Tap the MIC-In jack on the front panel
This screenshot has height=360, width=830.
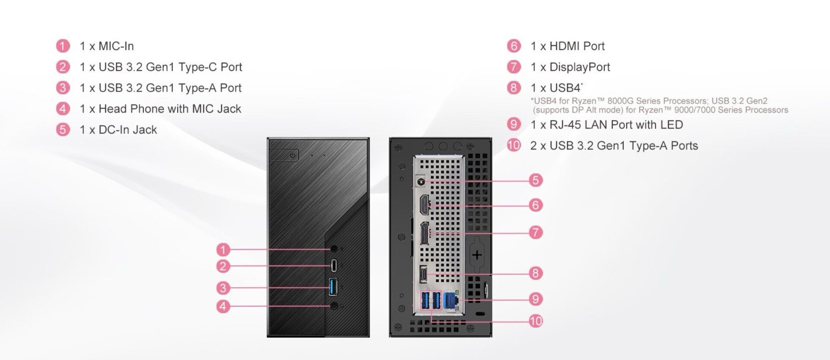334,249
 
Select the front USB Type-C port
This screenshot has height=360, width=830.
334,265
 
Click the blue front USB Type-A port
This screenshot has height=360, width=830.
333,287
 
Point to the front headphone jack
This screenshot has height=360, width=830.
334,306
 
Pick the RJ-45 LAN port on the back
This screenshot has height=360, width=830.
451,300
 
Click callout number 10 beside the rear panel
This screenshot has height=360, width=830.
536,321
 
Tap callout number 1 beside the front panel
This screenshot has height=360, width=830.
223,249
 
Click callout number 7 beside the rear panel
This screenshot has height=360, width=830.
536,233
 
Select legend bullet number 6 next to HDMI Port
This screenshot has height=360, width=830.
514,46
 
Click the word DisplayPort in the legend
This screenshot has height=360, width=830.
580,67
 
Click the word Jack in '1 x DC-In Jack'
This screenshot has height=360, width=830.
145,130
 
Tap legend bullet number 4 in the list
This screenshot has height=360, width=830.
63,108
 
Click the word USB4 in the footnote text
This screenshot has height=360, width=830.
546,101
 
